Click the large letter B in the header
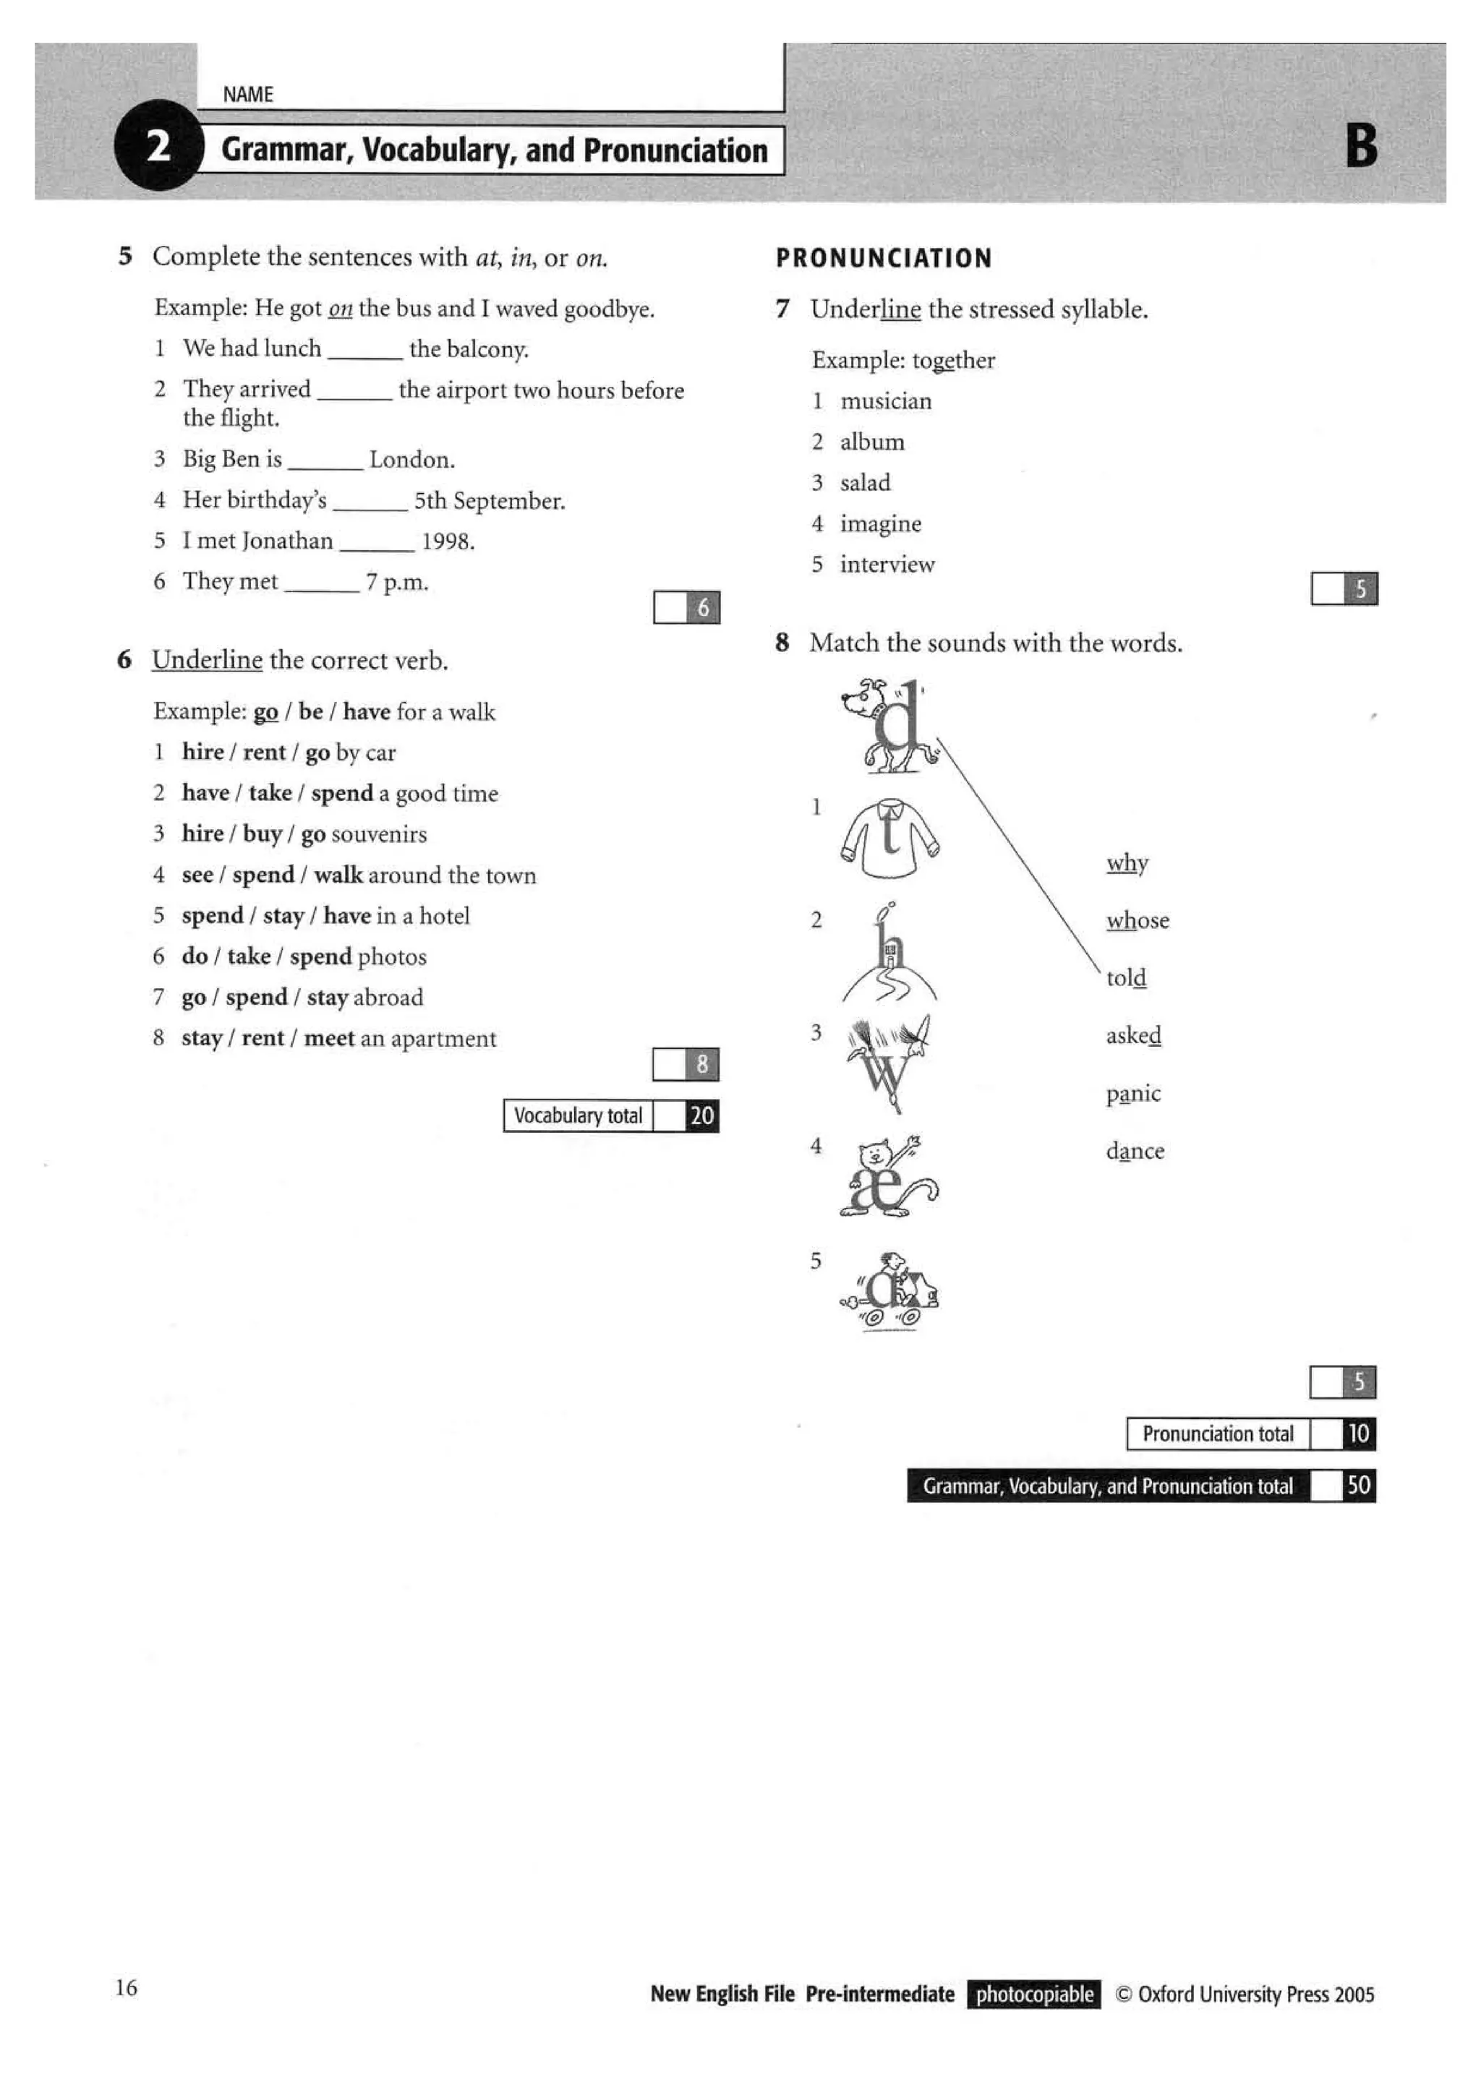[1360, 146]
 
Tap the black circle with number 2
[158, 146]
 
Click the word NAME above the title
[247, 95]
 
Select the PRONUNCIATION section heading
[883, 258]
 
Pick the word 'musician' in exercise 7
[885, 401]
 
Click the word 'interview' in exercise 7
[887, 565]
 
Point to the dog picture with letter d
[887, 727]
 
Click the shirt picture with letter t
[889, 839]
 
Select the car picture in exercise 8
[889, 1291]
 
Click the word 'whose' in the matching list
[1137, 921]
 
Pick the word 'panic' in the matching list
[1132, 1093]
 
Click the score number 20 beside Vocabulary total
[701, 1116]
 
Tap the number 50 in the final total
[1358, 1486]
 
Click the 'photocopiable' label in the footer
[1034, 1994]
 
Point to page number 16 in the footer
[126, 1987]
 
